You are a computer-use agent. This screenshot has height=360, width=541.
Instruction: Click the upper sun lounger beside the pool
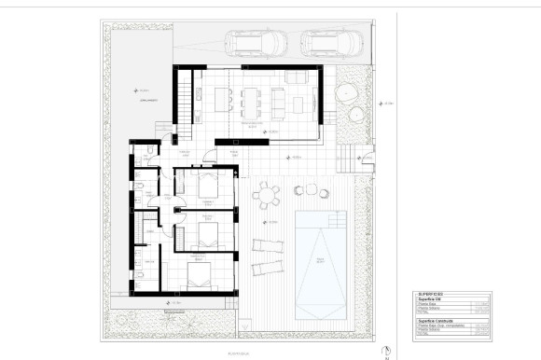(x=268, y=246)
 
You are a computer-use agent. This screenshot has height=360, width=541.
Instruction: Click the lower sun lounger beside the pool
(x=266, y=267)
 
